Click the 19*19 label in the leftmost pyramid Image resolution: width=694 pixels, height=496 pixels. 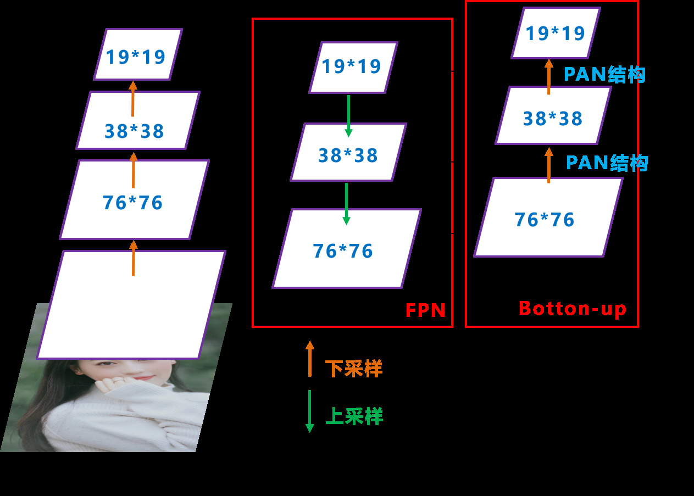click(x=136, y=57)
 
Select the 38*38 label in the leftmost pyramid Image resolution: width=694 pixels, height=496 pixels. click(x=135, y=131)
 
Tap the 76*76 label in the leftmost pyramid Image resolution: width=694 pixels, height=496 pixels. click(x=133, y=203)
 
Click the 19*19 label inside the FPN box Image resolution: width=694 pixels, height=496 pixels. click(x=351, y=66)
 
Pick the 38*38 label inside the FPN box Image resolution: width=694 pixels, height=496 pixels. click(x=348, y=155)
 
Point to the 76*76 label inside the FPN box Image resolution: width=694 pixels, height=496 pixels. click(x=343, y=251)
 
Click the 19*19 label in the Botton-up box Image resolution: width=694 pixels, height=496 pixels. click(x=555, y=34)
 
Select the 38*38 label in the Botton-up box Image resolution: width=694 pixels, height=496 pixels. click(x=553, y=119)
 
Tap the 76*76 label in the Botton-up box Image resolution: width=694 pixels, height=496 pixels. click(x=545, y=220)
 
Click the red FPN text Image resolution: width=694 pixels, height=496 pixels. click(x=425, y=310)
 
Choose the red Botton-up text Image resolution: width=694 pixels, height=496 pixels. click(x=573, y=309)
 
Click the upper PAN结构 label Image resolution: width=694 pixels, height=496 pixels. click(x=604, y=75)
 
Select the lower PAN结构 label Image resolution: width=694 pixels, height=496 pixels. click(x=607, y=163)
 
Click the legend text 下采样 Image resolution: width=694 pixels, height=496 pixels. click(x=354, y=369)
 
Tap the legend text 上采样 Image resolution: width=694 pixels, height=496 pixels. click(x=354, y=416)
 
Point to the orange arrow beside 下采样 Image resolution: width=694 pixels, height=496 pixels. click(x=310, y=359)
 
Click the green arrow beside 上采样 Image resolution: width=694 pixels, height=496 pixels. click(x=309, y=411)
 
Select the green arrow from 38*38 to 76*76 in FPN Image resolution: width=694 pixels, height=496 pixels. click(x=346, y=204)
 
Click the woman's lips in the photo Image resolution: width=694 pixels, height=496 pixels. click(x=144, y=377)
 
